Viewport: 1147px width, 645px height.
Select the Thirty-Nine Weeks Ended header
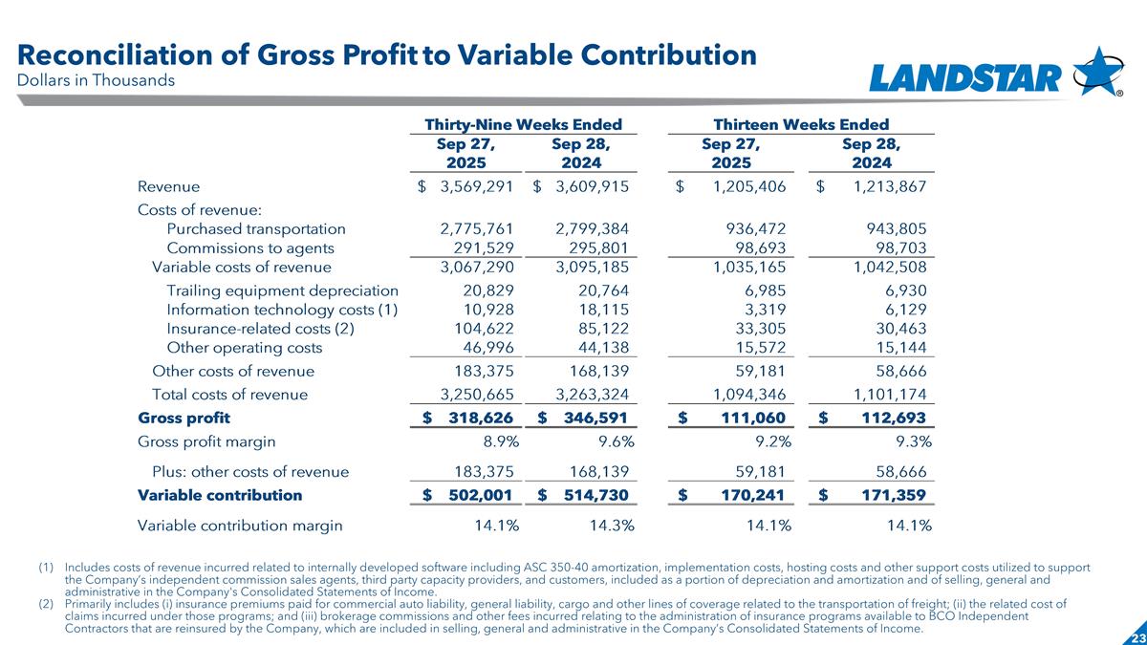pos(523,124)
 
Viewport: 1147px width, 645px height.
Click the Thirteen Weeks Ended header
pos(801,124)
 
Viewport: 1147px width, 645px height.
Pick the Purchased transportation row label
pos(255,228)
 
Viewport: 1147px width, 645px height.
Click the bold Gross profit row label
pos(184,418)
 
